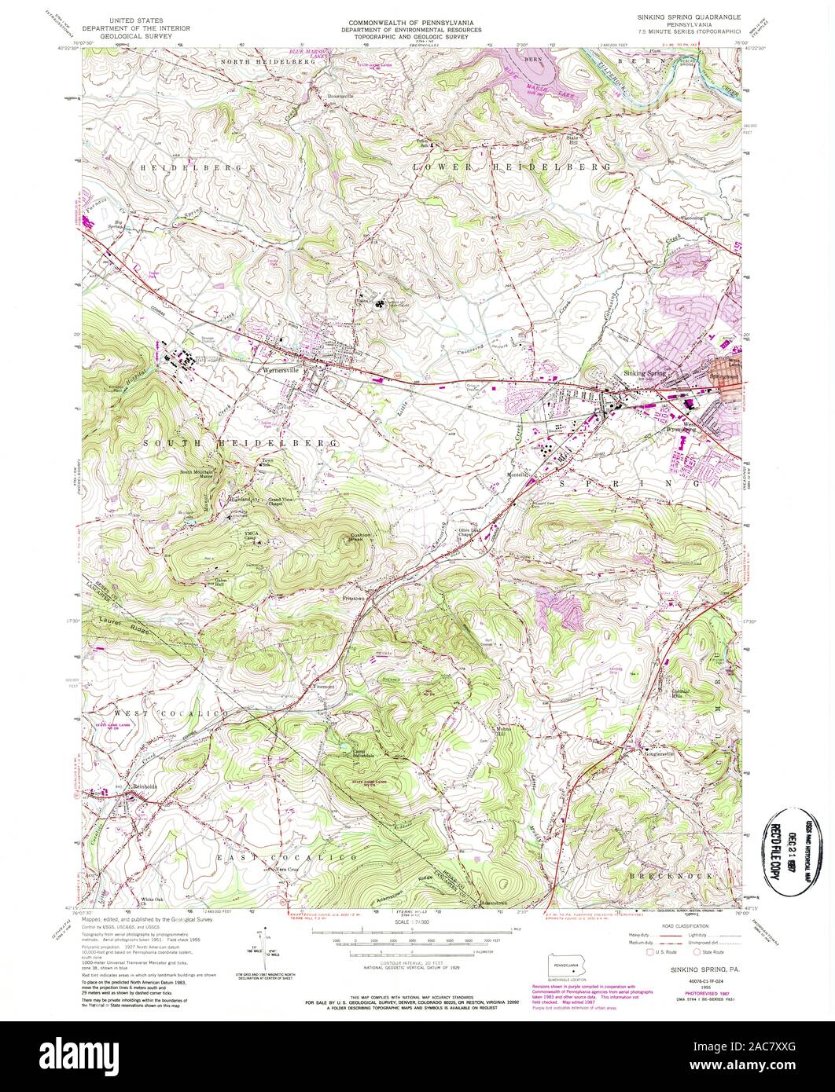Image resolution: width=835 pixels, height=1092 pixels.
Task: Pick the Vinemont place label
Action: tap(325, 686)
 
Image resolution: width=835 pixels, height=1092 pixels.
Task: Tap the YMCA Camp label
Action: tap(252, 536)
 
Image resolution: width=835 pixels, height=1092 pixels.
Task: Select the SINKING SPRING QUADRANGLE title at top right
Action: tap(686, 16)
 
